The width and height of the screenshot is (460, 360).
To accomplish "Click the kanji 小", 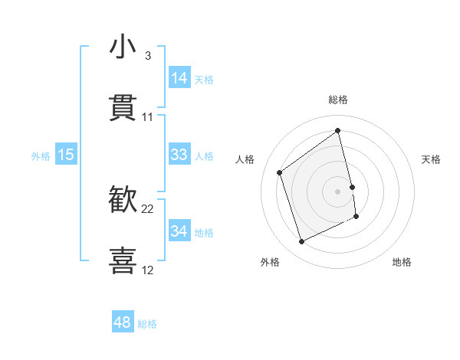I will point(123,47).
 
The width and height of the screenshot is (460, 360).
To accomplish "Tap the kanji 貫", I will point(123,109).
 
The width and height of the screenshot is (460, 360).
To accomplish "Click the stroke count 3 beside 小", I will point(147,56).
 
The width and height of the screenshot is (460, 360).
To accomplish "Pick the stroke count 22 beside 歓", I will point(148,209).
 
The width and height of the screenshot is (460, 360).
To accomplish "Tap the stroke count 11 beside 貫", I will point(148,117).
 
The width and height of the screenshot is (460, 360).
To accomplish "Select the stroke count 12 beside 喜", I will point(148,270).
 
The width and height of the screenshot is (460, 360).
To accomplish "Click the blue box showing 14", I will point(179,78).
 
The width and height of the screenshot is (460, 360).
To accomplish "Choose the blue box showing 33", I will point(179,155).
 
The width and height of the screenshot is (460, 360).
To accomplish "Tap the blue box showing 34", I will point(179,231).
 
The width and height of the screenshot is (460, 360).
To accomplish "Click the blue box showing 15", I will point(66,155).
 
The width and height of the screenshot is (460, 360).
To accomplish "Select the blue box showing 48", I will point(123,322).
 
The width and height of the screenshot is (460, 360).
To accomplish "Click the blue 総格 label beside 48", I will point(147,324).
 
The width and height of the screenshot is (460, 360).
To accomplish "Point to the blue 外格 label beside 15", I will point(41,156).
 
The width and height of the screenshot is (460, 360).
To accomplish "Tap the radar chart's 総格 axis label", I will point(338,100).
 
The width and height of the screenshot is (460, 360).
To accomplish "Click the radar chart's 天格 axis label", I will point(432,159).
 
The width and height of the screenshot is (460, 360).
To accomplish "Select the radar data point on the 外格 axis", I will point(301,242).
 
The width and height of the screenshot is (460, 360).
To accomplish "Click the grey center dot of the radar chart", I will point(338,191).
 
